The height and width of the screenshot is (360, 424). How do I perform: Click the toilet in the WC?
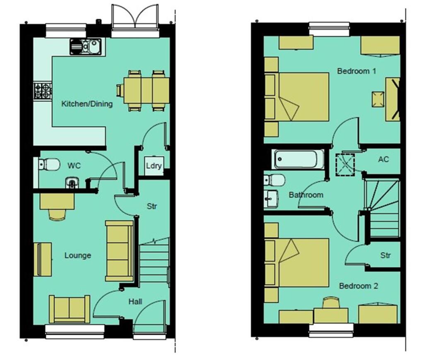(49, 164)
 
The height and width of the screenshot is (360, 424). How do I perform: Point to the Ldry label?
(153, 166)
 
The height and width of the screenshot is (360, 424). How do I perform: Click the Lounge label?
(77, 255)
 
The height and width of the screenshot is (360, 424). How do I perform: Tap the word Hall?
(135, 302)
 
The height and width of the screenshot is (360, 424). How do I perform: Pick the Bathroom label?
(306, 194)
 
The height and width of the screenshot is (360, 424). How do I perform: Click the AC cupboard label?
(383, 159)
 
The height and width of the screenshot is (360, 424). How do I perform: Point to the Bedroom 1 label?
(357, 71)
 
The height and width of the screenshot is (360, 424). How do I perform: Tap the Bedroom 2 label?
(359, 286)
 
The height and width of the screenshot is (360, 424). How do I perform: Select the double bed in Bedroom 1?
(302, 97)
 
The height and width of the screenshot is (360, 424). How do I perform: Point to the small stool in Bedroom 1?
(378, 99)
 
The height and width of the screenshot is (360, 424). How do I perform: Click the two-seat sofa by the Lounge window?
(70, 309)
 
